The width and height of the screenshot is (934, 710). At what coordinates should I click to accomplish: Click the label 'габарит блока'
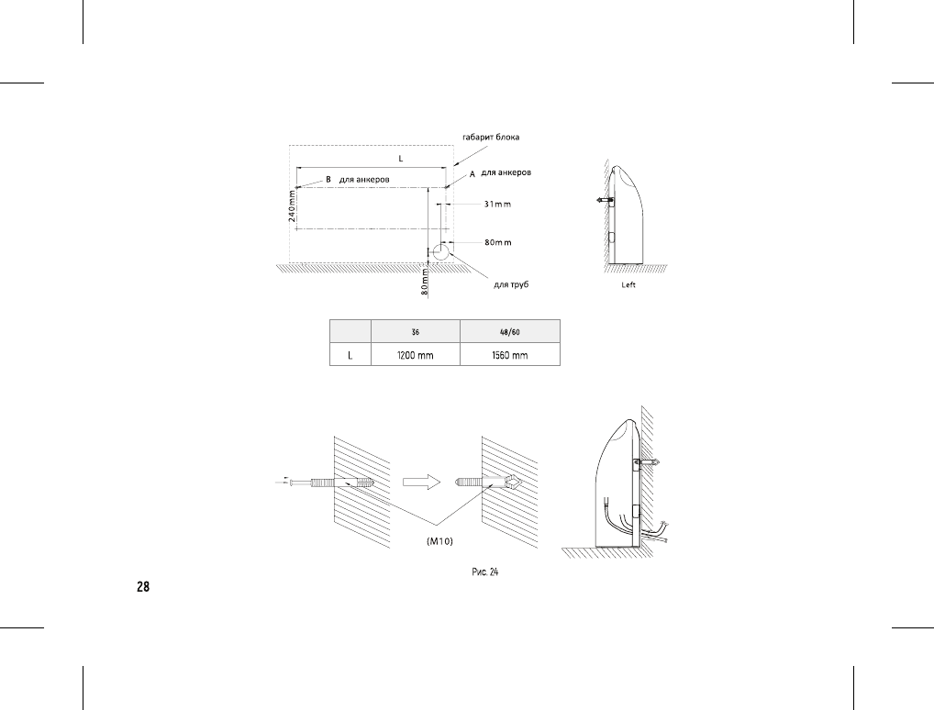point(491,138)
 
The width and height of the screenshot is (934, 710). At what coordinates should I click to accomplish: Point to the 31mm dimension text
point(497,205)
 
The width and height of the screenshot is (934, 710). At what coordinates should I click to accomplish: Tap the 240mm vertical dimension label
point(292,205)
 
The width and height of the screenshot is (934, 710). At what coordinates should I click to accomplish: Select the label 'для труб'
point(511,284)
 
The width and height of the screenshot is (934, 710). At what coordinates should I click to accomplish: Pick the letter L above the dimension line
point(401,159)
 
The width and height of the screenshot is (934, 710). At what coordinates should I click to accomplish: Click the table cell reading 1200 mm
point(416,356)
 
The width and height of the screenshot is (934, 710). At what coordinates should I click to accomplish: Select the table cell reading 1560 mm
point(510,356)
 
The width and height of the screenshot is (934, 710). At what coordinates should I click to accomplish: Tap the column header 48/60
point(510,332)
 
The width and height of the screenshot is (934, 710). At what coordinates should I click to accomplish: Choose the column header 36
point(416,332)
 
